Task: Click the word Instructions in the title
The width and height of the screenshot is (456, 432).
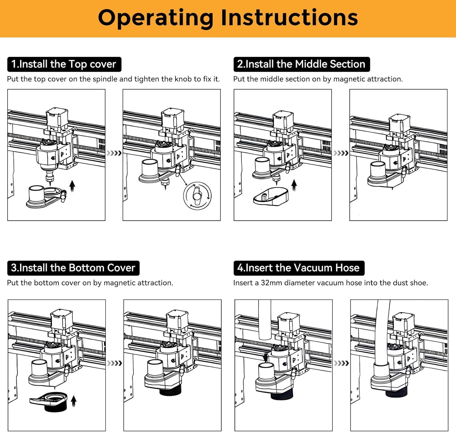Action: [x=289, y=18]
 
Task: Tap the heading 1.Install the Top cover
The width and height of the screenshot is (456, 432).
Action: [x=64, y=64]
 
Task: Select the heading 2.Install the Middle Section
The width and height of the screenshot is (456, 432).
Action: [x=301, y=64]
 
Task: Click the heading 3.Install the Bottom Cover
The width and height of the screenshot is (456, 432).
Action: [x=73, y=268]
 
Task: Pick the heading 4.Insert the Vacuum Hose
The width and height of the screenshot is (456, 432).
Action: [x=299, y=268]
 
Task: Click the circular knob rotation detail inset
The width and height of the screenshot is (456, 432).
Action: [x=197, y=196]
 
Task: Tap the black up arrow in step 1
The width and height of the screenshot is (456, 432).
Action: [x=72, y=186]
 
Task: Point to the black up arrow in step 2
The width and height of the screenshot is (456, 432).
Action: [x=294, y=185]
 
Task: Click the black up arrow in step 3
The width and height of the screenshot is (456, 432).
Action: [x=74, y=401]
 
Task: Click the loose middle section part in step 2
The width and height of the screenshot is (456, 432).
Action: [x=271, y=196]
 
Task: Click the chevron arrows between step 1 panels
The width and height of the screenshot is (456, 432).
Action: [x=114, y=153]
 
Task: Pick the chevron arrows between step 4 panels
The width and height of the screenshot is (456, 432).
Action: [x=341, y=363]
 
